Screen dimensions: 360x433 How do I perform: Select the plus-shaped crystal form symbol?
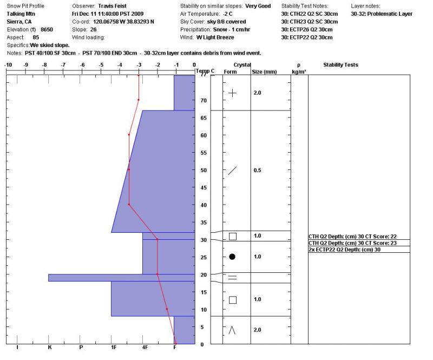pos(232,93)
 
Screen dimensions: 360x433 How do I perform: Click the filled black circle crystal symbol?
pos(232,257)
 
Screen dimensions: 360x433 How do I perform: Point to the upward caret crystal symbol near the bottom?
pos(232,330)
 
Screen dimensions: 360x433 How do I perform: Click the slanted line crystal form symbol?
pos(232,171)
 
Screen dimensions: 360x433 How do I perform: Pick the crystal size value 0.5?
pos(258,171)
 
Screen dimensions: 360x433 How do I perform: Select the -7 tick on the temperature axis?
pos(63,65)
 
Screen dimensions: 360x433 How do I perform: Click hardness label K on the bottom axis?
pos(49,348)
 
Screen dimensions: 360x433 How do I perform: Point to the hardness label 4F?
pos(145,348)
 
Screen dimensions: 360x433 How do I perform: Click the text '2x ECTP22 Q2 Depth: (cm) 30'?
pos(344,250)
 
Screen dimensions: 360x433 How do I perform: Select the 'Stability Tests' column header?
pos(340,65)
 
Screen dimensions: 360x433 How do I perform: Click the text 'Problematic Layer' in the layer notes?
pos(389,14)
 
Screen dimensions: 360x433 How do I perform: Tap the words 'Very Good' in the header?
pos(258,6)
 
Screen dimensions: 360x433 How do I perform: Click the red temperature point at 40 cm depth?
pos(129,205)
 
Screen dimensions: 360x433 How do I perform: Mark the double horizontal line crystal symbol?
pos(232,278)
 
